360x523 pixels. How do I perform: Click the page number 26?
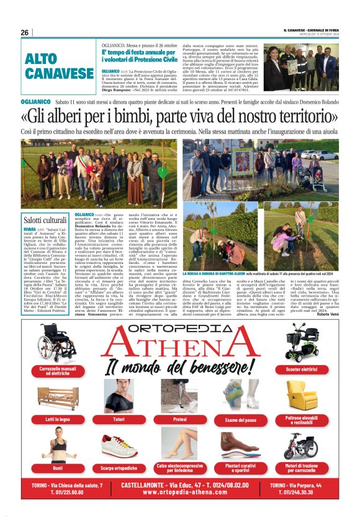click(x=25, y=32)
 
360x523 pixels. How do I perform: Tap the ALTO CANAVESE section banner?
click(x=60, y=66)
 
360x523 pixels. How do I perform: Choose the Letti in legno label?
click(x=57, y=419)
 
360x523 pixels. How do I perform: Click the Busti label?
click(x=57, y=467)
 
